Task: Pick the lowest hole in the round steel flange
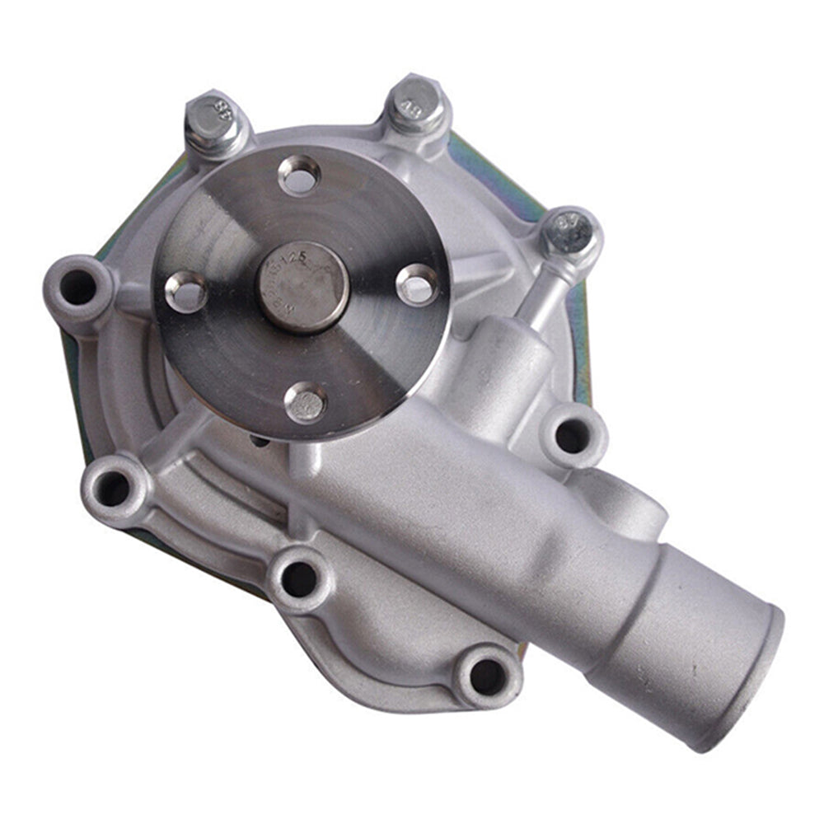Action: pos(306,403)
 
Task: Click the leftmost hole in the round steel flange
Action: pos(186,291)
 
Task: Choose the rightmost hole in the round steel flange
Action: pos(418,285)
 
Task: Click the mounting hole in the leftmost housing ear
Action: pos(78,286)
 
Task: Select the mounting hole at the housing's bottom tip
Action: pos(486,676)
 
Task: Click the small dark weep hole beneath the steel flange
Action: pos(262,442)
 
